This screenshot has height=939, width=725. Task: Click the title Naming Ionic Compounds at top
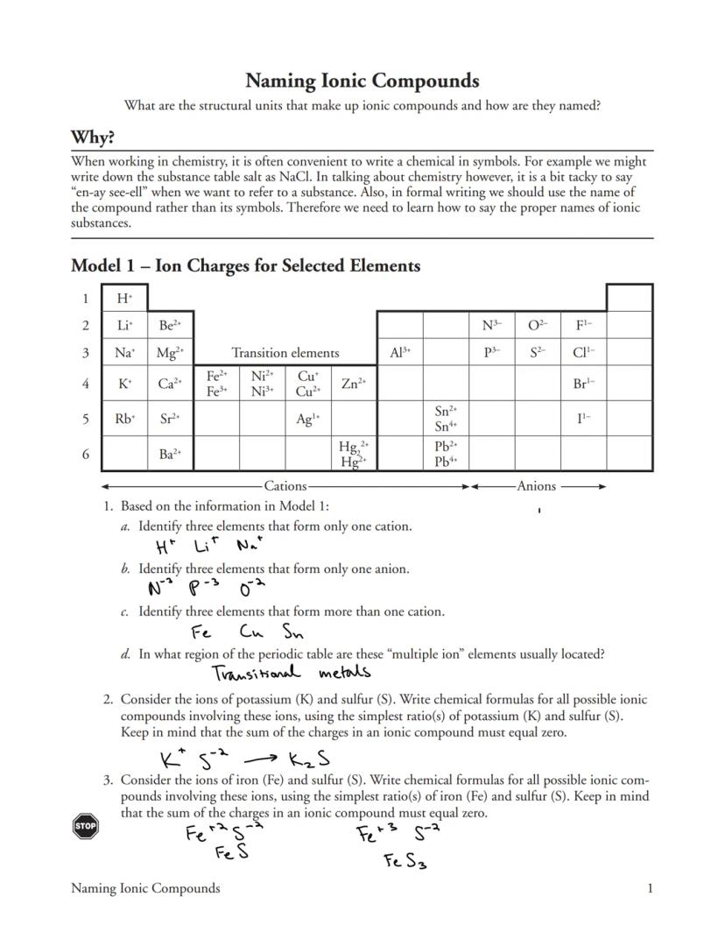click(x=362, y=81)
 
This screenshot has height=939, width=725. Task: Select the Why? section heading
click(x=93, y=138)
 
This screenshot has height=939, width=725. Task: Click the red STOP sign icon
click(x=85, y=826)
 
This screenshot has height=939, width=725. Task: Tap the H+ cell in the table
click(x=124, y=299)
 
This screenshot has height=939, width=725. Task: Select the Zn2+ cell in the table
click(x=354, y=384)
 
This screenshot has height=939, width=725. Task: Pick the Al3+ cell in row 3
click(x=399, y=353)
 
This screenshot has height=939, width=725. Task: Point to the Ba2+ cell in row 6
click(x=170, y=454)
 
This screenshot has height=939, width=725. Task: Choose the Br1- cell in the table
click(x=582, y=384)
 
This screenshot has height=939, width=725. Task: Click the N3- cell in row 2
click(x=491, y=326)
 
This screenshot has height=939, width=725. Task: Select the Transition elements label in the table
click(x=285, y=353)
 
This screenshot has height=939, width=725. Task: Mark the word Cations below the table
click(x=285, y=486)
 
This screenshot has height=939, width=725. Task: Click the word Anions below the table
click(x=536, y=486)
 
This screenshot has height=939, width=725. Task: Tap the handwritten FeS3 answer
click(x=405, y=862)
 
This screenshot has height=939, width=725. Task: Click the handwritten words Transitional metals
click(x=292, y=673)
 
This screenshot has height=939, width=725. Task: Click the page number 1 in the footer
click(x=650, y=888)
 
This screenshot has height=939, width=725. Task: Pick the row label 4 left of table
click(x=86, y=384)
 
